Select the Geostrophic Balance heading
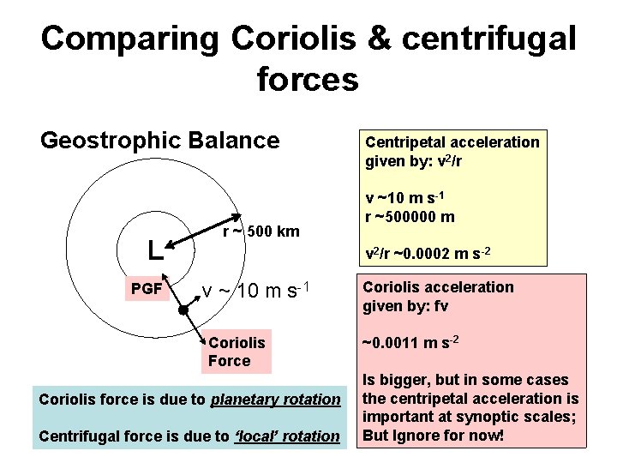[160, 140]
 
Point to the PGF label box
[147, 289]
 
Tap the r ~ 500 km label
[261, 231]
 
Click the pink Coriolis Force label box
[237, 352]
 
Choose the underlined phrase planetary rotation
[275, 400]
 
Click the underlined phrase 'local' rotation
[287, 436]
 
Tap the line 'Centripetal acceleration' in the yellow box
[452, 141]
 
